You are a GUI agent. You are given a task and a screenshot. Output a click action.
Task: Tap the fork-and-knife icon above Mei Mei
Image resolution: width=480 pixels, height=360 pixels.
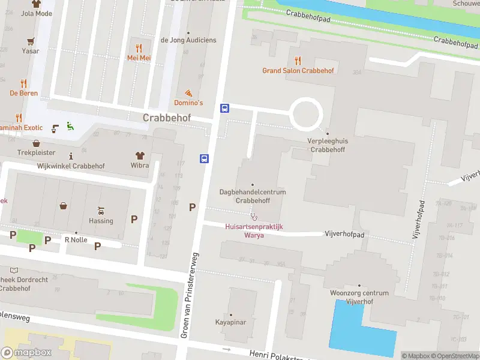tap(139, 47)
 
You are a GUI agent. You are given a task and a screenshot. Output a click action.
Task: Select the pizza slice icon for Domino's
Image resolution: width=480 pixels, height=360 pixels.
tap(188, 93)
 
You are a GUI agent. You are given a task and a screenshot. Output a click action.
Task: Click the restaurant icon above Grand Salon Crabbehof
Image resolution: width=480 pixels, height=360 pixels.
tap(298, 60)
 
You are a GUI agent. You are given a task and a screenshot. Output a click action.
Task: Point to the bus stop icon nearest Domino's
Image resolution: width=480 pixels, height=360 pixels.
tap(225, 109)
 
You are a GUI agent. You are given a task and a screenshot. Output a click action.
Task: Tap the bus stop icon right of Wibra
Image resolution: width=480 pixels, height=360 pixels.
tap(204, 159)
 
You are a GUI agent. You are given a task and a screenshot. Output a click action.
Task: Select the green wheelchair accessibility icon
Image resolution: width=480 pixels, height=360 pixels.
tap(70, 126)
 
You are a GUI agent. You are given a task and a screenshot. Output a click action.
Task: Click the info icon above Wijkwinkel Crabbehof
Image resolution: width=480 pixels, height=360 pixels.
tap(71, 156)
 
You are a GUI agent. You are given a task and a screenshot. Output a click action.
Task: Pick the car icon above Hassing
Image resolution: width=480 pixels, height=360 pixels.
tap(101, 211)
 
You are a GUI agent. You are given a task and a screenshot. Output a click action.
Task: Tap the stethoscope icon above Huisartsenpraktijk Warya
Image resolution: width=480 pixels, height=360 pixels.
tap(254, 216)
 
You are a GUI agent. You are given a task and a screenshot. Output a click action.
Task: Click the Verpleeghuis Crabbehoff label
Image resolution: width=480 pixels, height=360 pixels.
tap(327, 145)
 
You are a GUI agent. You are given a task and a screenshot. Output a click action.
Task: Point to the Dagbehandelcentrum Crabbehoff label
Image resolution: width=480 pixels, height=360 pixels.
tap(252, 196)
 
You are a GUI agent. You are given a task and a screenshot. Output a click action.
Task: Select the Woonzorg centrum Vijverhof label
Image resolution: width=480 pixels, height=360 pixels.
tap(359, 297)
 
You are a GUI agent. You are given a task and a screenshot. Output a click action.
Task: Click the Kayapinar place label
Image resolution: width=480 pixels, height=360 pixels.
tap(231, 322)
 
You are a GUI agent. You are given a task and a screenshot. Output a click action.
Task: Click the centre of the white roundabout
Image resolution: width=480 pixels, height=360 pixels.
tap(307, 113)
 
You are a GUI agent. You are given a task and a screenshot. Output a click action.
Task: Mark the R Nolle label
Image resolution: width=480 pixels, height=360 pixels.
tap(76, 240)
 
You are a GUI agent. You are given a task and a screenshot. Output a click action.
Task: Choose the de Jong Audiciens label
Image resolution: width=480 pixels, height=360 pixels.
tap(188, 40)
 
